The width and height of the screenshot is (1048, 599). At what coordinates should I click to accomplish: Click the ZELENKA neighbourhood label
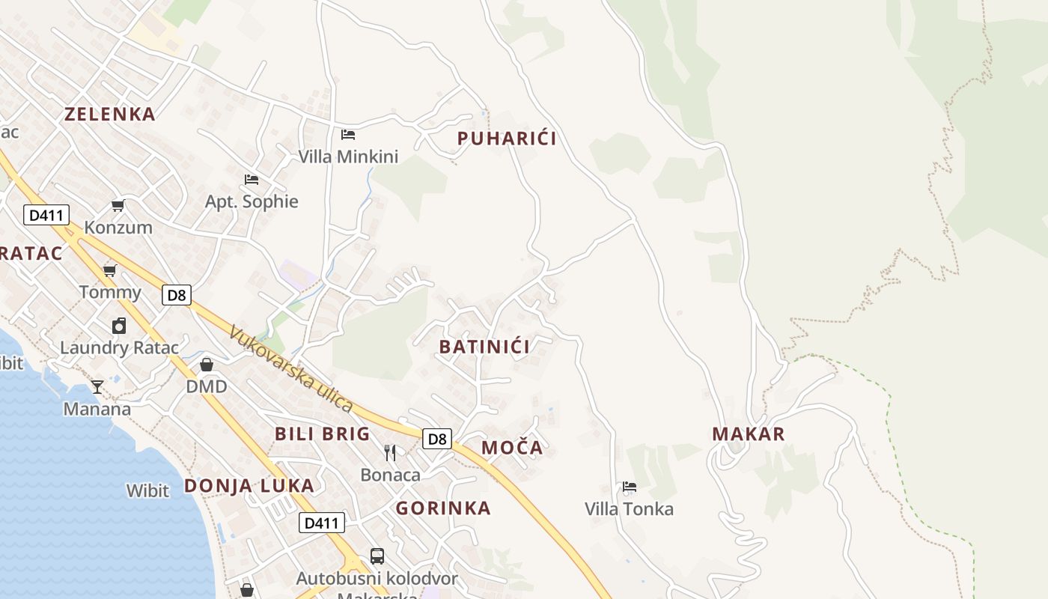(x=110, y=114)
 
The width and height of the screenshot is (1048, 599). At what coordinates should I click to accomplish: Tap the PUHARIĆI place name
(x=507, y=139)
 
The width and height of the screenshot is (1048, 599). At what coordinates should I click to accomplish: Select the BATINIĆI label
(x=484, y=347)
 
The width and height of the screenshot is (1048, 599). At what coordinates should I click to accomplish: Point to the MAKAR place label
(x=749, y=434)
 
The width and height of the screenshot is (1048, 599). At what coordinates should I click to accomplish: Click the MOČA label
(x=512, y=448)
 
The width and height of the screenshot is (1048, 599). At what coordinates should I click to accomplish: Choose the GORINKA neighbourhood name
(x=443, y=508)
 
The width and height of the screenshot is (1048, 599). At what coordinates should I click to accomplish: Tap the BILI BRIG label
(x=322, y=434)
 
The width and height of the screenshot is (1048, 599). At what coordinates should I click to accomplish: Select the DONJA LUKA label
(x=249, y=486)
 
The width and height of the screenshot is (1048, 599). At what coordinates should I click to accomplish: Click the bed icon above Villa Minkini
(x=348, y=135)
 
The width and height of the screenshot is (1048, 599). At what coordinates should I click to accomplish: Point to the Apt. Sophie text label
(x=252, y=201)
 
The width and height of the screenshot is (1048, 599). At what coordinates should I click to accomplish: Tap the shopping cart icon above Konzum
(x=118, y=205)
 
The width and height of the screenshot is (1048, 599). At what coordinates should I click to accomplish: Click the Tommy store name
(x=110, y=292)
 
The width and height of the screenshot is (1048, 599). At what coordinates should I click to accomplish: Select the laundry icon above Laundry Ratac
(x=119, y=326)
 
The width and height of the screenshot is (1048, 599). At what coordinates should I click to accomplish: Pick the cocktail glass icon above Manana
(x=97, y=386)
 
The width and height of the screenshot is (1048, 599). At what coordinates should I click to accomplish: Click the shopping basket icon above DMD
(x=207, y=365)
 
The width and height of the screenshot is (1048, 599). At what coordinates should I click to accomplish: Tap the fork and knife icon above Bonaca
(x=390, y=452)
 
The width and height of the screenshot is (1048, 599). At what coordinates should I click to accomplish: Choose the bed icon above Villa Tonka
(x=630, y=487)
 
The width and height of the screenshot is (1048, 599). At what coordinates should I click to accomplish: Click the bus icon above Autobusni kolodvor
(x=377, y=556)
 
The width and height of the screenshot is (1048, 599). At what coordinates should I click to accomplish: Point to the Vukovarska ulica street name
(x=291, y=368)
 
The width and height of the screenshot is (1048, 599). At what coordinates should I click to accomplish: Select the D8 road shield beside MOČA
(x=437, y=439)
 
